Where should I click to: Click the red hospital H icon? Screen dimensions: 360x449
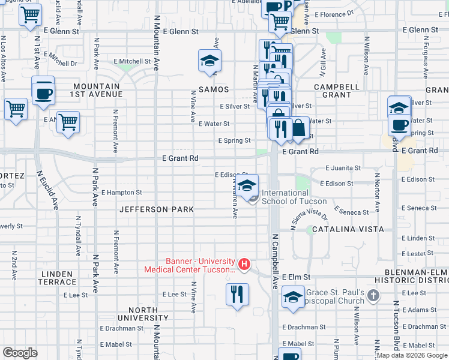point(244,263)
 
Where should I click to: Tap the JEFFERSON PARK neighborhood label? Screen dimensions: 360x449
point(157,209)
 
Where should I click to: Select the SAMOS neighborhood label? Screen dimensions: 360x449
point(214,89)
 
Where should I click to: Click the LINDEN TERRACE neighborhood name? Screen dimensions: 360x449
point(58,278)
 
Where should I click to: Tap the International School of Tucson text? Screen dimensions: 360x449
point(285,197)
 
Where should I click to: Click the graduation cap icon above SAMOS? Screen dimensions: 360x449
point(210,61)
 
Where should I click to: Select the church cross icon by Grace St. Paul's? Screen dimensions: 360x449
point(373,295)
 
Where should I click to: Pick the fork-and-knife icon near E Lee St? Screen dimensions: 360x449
point(237,294)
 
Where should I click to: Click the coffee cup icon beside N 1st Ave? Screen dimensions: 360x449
point(43,92)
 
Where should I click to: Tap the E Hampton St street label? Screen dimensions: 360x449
point(121,193)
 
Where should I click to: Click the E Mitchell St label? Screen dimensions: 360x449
point(132,61)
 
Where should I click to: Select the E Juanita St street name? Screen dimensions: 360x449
point(343,169)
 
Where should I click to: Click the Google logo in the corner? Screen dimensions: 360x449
point(20,353)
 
